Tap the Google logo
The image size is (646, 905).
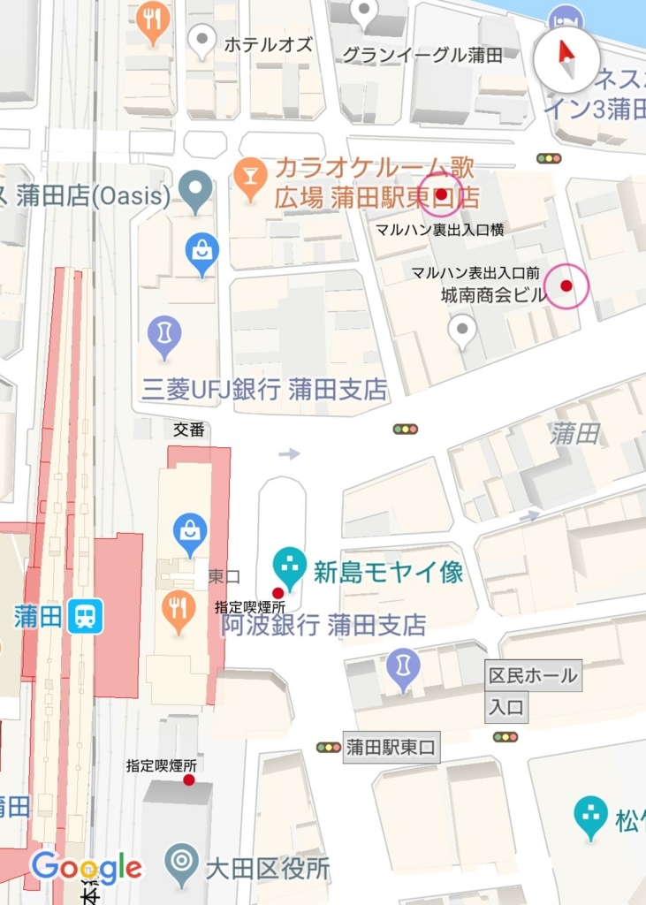click(x=86, y=868)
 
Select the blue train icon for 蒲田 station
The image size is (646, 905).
click(x=86, y=615)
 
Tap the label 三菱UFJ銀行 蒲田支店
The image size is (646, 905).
click(x=265, y=390)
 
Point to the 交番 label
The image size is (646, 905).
click(x=189, y=430)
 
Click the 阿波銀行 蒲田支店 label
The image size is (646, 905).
click(x=323, y=626)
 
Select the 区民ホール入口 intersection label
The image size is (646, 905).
click(x=533, y=691)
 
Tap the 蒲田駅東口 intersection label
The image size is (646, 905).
click(x=391, y=748)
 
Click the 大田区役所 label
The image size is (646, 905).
click(x=267, y=869)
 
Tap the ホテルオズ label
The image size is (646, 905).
click(x=269, y=44)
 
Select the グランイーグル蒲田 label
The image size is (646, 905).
click(x=422, y=55)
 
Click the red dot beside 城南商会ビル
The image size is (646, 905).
click(x=566, y=285)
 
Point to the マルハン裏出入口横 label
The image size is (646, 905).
click(x=440, y=230)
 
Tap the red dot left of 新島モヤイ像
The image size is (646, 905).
click(x=277, y=593)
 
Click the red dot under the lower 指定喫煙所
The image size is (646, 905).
click(x=188, y=780)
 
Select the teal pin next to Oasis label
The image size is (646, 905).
click(x=195, y=189)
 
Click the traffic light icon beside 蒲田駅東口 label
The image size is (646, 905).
click(x=329, y=748)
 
